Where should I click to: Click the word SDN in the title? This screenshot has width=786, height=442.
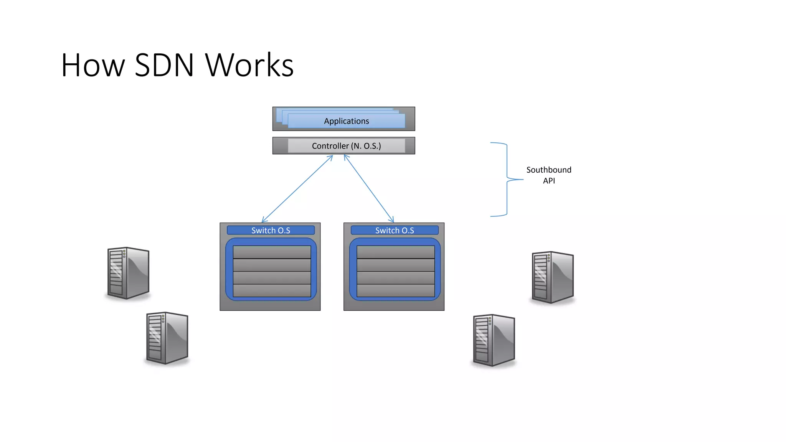(164, 65)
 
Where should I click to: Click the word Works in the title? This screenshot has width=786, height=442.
(249, 65)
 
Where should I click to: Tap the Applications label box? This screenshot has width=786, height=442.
(346, 121)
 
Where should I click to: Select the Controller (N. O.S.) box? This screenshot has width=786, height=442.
(346, 146)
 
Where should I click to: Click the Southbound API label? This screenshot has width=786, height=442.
(549, 175)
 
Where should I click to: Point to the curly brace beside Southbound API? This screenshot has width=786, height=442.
(507, 179)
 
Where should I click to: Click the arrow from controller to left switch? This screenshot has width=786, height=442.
(297, 189)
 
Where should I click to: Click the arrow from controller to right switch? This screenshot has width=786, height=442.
(369, 188)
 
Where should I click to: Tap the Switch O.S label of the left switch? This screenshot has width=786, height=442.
(271, 230)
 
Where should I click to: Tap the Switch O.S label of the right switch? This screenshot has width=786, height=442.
(395, 230)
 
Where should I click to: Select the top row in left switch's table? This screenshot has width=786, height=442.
(272, 252)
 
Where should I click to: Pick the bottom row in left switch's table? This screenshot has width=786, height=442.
(272, 290)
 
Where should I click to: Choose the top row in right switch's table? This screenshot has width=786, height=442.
(396, 252)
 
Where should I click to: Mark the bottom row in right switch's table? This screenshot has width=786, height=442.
(396, 290)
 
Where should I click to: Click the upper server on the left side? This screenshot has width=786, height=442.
(128, 273)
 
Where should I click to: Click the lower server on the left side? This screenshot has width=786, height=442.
(167, 338)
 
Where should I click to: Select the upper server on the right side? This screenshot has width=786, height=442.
(553, 277)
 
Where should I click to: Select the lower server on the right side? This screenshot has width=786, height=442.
(494, 340)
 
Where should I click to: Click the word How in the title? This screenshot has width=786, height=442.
(93, 65)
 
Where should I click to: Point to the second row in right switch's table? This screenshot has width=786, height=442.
(396, 265)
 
